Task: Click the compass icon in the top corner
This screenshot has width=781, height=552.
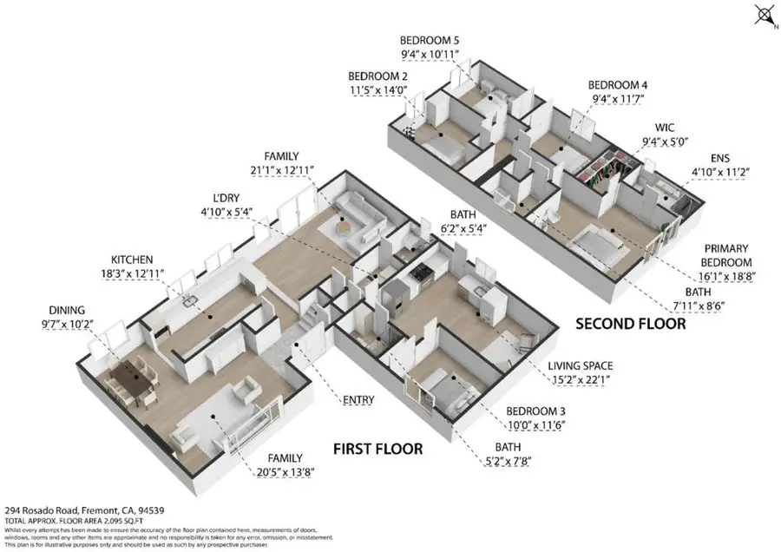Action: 764,15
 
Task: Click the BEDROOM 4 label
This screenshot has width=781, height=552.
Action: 619,85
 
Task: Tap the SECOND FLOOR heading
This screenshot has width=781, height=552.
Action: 631,324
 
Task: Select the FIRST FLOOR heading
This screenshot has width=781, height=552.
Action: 378,449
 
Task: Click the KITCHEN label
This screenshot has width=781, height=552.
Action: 132,260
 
